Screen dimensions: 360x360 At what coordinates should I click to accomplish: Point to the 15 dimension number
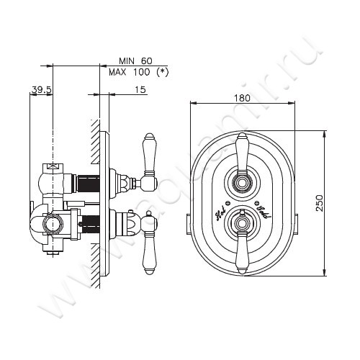pyautogui.click(x=140, y=89)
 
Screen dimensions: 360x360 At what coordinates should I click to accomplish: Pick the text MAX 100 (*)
pyautogui.click(x=138, y=73)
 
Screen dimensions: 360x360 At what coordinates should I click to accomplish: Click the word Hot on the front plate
pyautogui.click(x=220, y=215)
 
